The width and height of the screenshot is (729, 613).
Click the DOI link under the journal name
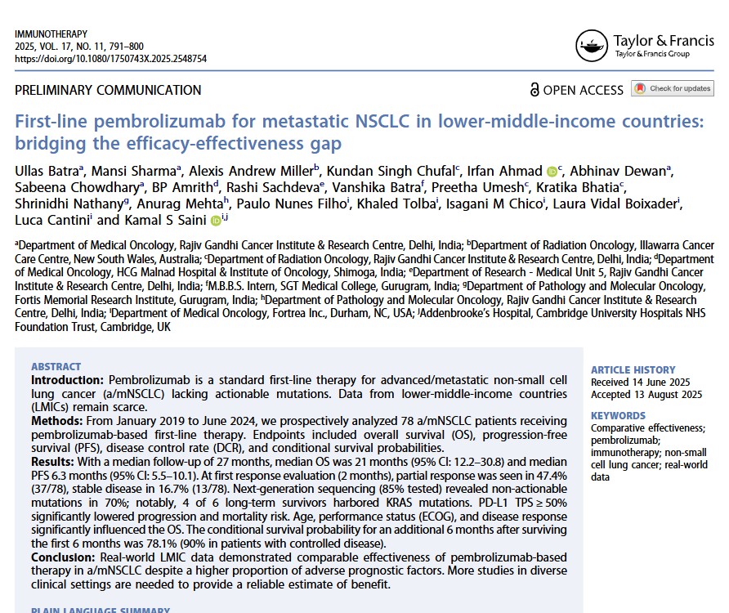(110, 59)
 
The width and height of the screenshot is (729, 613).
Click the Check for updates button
(672, 89)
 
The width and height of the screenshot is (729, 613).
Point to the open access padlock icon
(534, 90)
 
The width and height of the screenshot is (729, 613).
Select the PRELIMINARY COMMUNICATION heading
(108, 90)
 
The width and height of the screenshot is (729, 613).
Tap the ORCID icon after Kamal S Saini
(216, 220)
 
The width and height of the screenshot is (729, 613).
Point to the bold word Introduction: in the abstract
(68, 381)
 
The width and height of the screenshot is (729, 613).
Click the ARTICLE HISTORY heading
(633, 369)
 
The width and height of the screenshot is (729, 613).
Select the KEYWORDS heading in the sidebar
(618, 415)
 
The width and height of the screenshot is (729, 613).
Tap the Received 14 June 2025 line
(640, 382)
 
